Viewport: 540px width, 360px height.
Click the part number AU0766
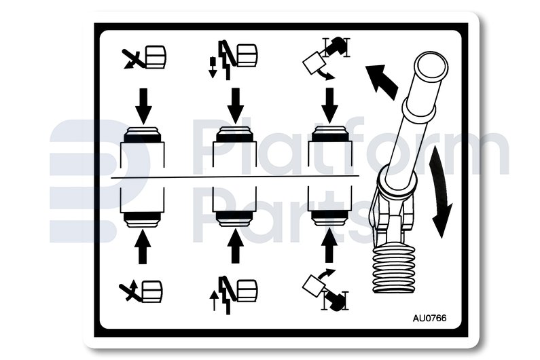[429, 318]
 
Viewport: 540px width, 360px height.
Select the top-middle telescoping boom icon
[233, 59]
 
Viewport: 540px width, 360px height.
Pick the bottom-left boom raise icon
[141, 291]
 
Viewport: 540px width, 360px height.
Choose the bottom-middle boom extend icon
[233, 295]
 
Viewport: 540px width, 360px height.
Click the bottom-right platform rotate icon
[326, 290]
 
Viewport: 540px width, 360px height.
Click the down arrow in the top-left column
[143, 106]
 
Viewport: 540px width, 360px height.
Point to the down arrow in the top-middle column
[236, 106]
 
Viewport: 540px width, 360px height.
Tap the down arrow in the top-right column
[329, 106]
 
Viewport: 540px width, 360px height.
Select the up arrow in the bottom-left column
[143, 247]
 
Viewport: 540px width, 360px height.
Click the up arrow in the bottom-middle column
[236, 247]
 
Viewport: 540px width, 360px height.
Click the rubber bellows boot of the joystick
[393, 270]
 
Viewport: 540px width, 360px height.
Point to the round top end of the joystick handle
[431, 67]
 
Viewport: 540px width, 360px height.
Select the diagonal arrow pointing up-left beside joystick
[382, 82]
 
